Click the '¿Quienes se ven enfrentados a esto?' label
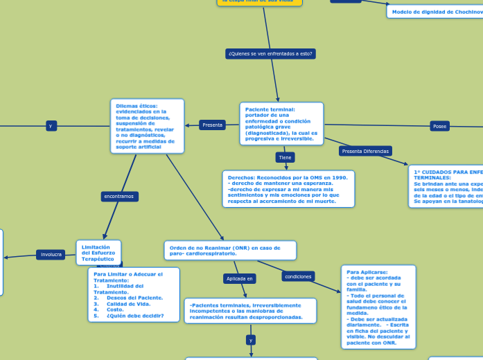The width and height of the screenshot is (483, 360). [270, 53]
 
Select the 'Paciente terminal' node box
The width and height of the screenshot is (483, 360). [281, 124]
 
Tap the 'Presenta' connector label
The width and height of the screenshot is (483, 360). [212, 125]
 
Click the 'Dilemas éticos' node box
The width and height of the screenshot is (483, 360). [147, 126]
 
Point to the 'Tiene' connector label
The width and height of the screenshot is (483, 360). [285, 158]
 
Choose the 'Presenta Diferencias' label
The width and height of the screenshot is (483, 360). [366, 151]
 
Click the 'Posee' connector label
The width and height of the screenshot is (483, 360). [439, 126]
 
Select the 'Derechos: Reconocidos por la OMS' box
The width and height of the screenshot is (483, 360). [288, 189]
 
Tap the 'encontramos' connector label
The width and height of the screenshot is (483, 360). [119, 197]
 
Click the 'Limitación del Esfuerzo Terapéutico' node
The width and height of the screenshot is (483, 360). [98, 252]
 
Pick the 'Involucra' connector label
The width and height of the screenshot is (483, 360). [51, 255]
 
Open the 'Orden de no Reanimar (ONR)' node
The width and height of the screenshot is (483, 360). [230, 250]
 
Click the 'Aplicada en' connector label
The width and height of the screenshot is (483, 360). [240, 278]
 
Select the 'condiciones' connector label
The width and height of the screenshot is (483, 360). [298, 276]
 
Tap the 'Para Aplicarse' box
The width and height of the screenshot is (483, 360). [378, 306]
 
